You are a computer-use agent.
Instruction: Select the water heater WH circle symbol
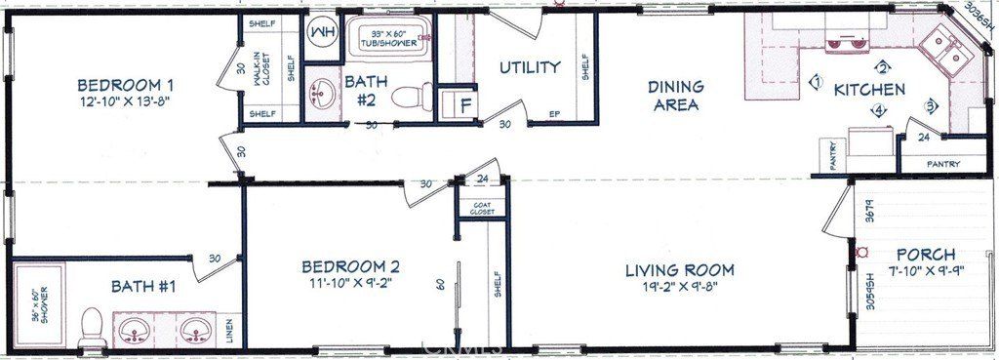[321, 32]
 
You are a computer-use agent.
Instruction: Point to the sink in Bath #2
[322, 96]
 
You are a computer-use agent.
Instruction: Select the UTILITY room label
[530, 67]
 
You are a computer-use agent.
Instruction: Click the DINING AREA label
[675, 96]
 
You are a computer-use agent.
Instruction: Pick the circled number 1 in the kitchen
[817, 82]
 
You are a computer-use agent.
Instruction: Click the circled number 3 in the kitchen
[931, 105]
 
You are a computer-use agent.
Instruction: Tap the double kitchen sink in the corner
[942, 50]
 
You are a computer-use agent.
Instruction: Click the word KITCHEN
[868, 89]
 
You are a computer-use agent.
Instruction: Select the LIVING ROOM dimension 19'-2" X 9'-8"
[679, 289]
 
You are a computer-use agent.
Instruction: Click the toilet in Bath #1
[93, 324]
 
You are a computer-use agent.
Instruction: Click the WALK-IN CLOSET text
[261, 70]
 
